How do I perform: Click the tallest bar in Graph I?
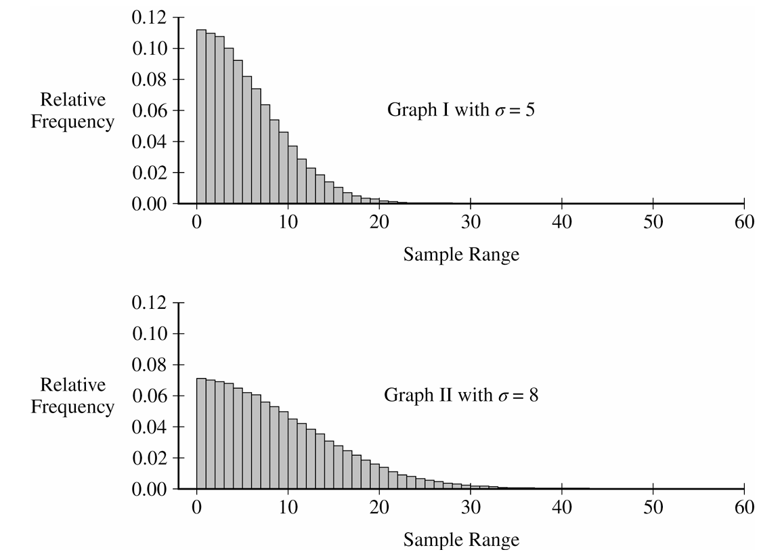point(201,116)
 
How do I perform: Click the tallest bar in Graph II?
point(201,433)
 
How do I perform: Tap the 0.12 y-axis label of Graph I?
point(149,18)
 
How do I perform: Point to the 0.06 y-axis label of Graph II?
point(149,396)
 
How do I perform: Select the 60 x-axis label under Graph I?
point(744,221)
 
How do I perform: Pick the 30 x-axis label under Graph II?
point(471,507)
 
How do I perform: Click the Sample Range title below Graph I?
point(461,255)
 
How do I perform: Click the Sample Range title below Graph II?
point(461,540)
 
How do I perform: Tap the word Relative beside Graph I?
point(73,100)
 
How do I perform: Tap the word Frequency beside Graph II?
point(73,407)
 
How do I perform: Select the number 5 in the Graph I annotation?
point(529,109)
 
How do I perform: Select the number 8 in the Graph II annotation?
point(533,395)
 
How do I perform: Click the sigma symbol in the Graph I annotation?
point(500,111)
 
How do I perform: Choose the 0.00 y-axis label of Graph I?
point(149,204)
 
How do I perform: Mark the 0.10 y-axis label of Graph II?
point(149,333)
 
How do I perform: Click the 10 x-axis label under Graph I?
point(288,221)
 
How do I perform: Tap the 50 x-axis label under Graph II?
point(653,507)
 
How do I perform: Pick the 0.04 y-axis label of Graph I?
point(149,142)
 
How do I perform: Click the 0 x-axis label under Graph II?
point(196,507)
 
